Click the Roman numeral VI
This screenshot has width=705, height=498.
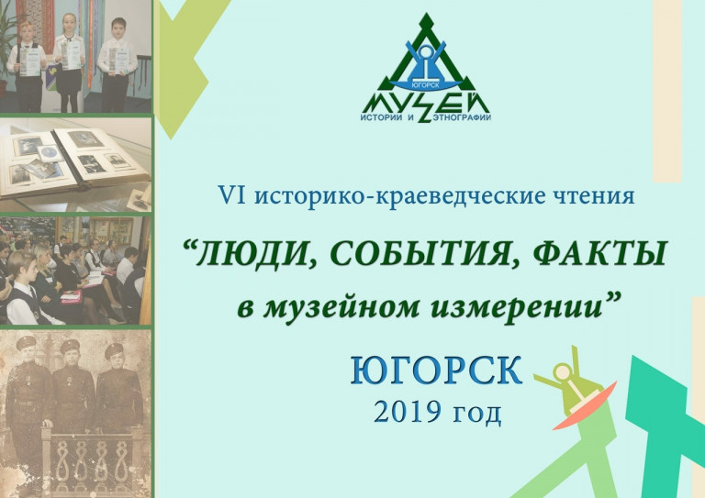pos(231,196)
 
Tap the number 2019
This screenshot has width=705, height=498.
pos(406,412)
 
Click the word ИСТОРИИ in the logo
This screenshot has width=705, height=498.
pos(380,117)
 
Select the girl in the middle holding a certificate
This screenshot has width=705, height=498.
pos(69,62)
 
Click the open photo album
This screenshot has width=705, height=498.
pos(74,161)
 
